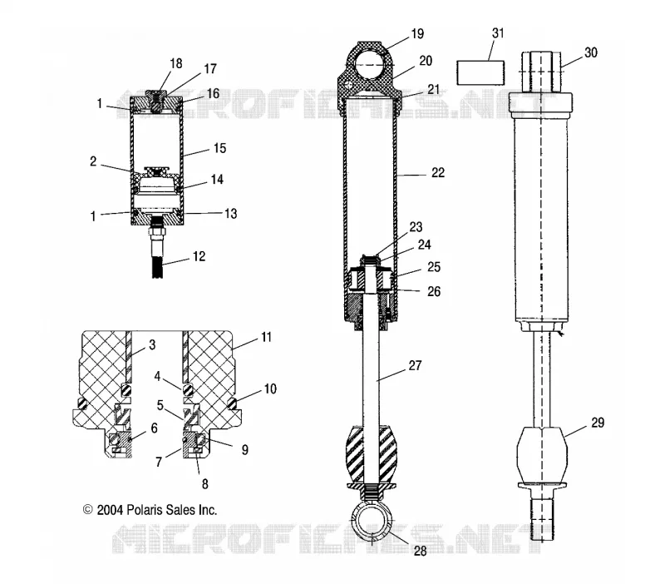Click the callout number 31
[498, 33]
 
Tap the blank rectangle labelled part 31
[480, 73]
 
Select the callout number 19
[417, 34]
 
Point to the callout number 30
[591, 52]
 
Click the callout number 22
[438, 173]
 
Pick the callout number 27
[415, 365]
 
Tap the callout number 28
[420, 551]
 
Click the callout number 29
[598, 423]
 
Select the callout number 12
[199, 256]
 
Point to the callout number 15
[219, 148]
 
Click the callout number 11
[266, 338]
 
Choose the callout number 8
[204, 484]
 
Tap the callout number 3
[152, 344]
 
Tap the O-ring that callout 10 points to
[233, 404]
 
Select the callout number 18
[176, 64]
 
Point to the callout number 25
[434, 267]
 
